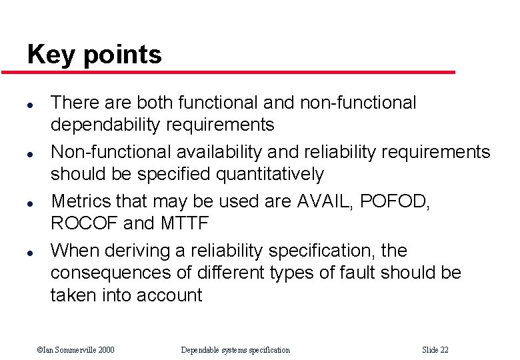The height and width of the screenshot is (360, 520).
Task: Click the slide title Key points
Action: pyautogui.click(x=94, y=54)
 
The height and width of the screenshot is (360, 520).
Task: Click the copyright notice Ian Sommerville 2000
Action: pyautogui.click(x=75, y=350)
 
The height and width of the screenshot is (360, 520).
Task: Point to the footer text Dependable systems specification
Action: pyautogui.click(x=235, y=350)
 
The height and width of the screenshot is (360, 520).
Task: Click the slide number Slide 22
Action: pyautogui.click(x=435, y=350)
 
